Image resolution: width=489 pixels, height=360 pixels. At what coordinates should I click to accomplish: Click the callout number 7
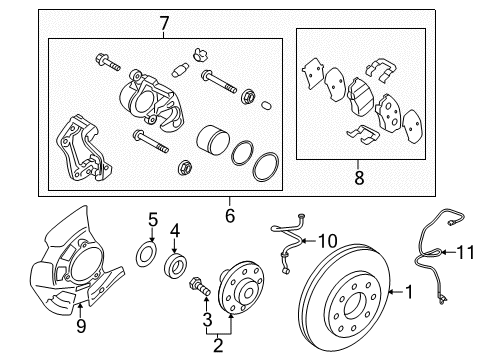(164, 24)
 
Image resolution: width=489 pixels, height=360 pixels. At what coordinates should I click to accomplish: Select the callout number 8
(359, 177)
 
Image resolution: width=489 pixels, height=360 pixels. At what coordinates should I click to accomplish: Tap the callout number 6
(230, 216)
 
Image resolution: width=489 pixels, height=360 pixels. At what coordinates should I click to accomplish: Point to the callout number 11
(466, 252)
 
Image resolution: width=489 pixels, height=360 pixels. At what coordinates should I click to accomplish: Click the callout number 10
(328, 241)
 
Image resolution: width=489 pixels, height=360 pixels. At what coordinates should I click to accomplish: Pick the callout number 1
(409, 292)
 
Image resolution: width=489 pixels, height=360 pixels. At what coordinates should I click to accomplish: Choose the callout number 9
(81, 326)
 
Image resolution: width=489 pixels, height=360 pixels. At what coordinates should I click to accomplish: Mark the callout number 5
(153, 220)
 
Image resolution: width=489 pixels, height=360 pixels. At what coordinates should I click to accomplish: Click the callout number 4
(175, 231)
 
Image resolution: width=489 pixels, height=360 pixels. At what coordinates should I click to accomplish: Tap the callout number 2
(218, 345)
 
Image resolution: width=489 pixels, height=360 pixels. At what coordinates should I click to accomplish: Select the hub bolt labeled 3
(199, 286)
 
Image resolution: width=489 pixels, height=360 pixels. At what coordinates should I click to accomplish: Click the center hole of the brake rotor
(356, 304)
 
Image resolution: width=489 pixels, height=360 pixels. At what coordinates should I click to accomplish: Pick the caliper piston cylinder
(212, 140)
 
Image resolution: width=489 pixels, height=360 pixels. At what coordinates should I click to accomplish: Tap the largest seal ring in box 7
(266, 167)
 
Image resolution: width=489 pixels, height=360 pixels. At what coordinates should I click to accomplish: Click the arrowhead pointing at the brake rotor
(391, 292)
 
